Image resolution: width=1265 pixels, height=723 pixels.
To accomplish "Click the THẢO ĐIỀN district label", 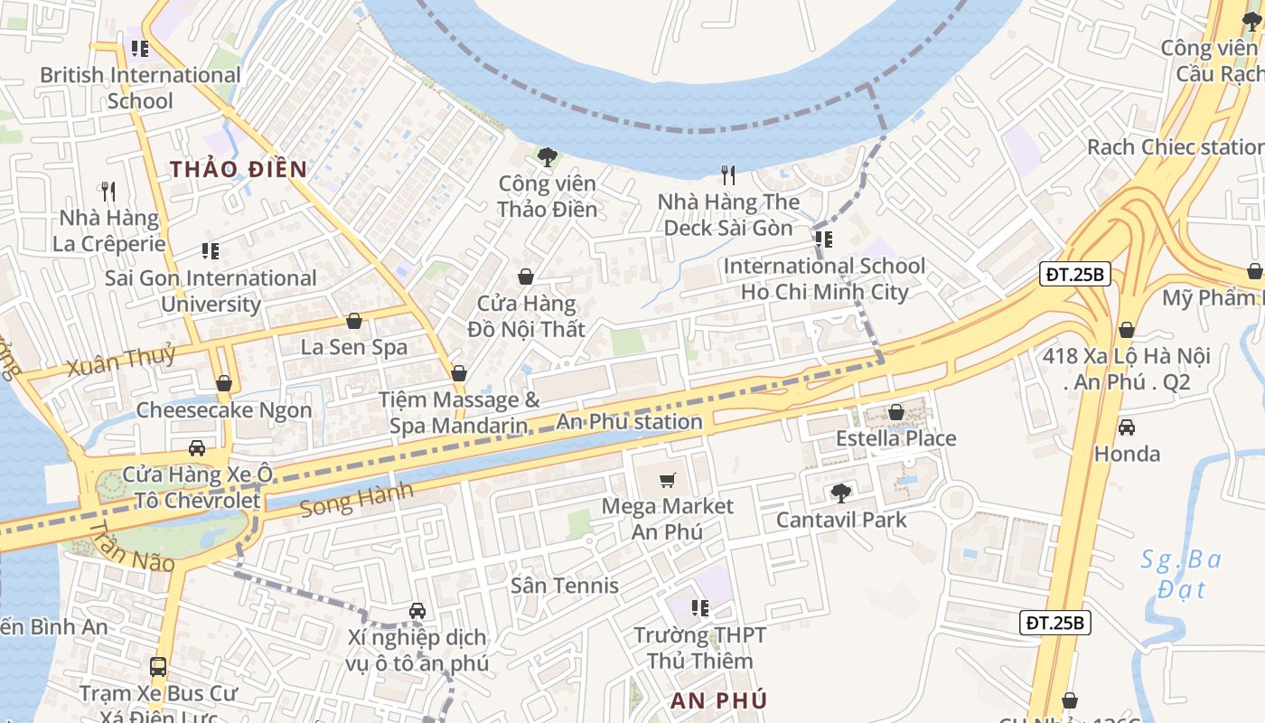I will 239,169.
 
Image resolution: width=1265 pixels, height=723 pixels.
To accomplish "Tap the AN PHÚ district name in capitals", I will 719,700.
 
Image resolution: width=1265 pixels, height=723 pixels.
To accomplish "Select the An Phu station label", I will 629,422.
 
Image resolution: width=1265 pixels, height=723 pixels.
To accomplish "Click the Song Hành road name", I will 356,500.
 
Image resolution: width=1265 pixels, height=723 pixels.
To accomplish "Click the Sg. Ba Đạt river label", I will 1180,575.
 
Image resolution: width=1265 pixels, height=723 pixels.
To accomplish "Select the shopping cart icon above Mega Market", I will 668,480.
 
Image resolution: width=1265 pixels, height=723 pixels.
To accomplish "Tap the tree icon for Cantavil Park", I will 841,493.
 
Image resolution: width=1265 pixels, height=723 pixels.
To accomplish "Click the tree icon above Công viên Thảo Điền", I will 547,157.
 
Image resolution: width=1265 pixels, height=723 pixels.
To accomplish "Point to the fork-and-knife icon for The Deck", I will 728,174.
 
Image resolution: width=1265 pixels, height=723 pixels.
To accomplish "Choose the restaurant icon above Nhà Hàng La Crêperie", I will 108,191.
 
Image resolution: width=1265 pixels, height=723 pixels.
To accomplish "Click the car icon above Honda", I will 1127,427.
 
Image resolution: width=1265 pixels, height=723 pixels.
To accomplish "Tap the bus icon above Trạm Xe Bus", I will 158,667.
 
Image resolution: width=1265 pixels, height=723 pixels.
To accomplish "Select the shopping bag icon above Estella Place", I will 895,412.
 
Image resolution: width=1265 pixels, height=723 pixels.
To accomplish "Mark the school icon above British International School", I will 139,48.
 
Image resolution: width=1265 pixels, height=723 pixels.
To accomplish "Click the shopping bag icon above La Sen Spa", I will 354,321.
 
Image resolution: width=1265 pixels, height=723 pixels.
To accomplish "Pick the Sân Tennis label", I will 565,586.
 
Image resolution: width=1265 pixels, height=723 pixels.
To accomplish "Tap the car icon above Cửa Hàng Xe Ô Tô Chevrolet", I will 196,447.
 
